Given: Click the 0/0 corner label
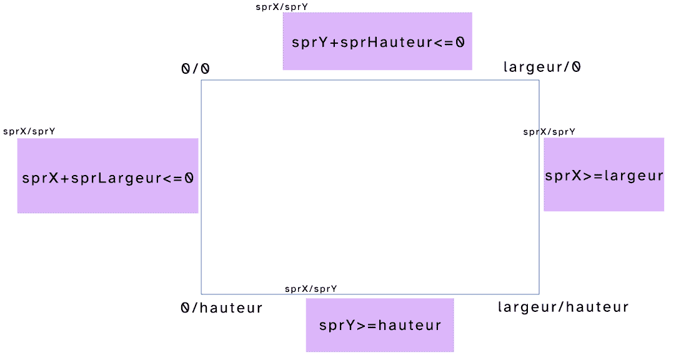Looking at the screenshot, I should pos(196,69).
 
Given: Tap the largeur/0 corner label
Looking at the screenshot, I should pos(542,67).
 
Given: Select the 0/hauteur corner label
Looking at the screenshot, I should pos(222,308).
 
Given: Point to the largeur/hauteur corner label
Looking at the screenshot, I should pos(563,307).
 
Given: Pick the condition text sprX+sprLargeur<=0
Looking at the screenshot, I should pos(108,177).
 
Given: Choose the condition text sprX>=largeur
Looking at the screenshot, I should pos(604,176).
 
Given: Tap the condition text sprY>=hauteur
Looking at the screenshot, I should pos(380,326).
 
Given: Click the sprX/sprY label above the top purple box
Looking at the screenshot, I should pos(282,7).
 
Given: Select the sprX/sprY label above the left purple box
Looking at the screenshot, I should pos(29,131).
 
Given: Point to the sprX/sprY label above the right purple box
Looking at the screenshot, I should pos(549,131).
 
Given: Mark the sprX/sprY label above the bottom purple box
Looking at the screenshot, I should pos(311,289).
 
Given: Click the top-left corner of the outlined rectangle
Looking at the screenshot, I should pos(201,81).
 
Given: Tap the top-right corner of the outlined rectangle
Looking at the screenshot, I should pos(539,81).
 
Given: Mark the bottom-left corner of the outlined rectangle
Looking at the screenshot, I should pos(201,294).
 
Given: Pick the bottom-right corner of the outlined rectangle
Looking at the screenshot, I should pos(539,294).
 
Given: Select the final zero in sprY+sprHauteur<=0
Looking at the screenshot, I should pos(460,42).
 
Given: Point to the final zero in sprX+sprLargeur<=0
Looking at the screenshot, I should pos(189,177).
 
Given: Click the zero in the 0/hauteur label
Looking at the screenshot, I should pos(186,308).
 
